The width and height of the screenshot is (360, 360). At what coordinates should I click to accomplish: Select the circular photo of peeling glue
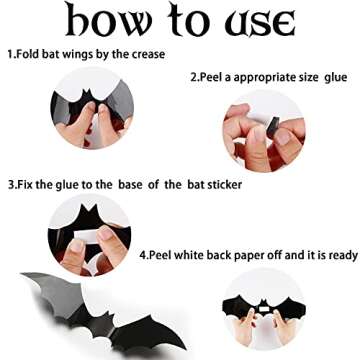tap(263, 130)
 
